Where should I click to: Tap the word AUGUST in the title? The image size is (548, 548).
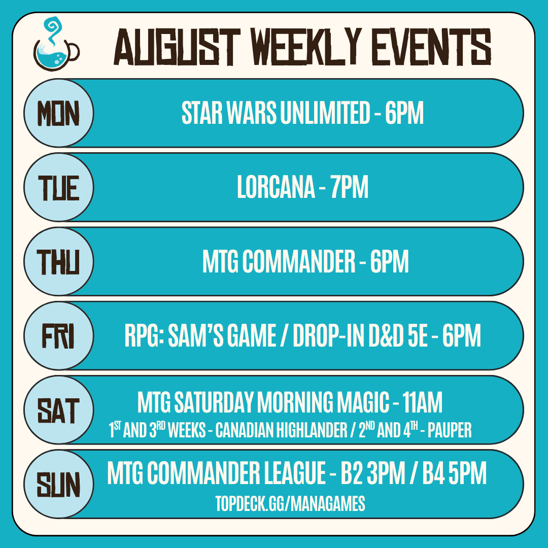[177, 47]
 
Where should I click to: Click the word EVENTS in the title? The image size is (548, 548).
[431, 47]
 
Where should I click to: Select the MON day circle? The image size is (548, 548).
[59, 113]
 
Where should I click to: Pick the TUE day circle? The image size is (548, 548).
[59, 187]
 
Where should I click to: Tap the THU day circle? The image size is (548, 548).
[59, 261]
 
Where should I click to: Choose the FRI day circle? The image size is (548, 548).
[59, 335]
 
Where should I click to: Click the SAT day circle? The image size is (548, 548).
[59, 410]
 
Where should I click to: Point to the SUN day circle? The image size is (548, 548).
[59, 484]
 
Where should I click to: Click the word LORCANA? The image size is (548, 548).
[276, 187]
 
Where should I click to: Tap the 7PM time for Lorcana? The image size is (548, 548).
[350, 187]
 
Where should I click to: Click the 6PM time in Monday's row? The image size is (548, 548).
[404, 113]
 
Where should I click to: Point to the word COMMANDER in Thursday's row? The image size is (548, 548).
[299, 261]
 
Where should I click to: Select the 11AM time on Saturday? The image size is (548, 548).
[422, 402]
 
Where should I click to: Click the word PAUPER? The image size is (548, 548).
[450, 430]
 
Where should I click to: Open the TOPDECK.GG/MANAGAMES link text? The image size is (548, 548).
[290, 504]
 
